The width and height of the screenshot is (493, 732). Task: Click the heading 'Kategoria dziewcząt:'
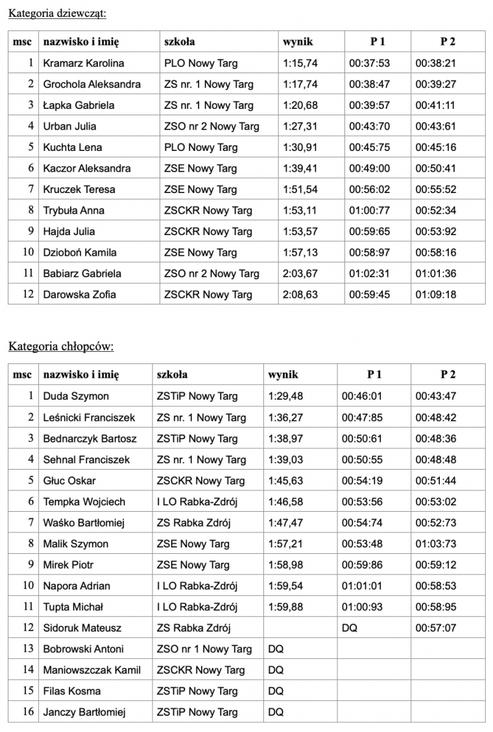58,12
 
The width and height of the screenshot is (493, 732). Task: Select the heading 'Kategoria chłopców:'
61,346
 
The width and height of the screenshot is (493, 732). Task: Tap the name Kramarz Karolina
83,63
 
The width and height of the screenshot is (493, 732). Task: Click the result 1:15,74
300,63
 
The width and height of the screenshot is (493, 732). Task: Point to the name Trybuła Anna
73,211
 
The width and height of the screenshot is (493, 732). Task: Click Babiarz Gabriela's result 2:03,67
300,273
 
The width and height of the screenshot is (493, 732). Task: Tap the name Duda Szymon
76,396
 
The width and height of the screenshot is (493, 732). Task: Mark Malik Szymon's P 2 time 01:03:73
436,543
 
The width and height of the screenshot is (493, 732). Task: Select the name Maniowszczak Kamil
91,670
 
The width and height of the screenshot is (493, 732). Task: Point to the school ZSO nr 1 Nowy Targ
204,649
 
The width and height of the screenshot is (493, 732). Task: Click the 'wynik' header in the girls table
298,42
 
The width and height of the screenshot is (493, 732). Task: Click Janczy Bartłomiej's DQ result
276,712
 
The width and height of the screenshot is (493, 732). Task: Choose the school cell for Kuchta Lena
200,147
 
